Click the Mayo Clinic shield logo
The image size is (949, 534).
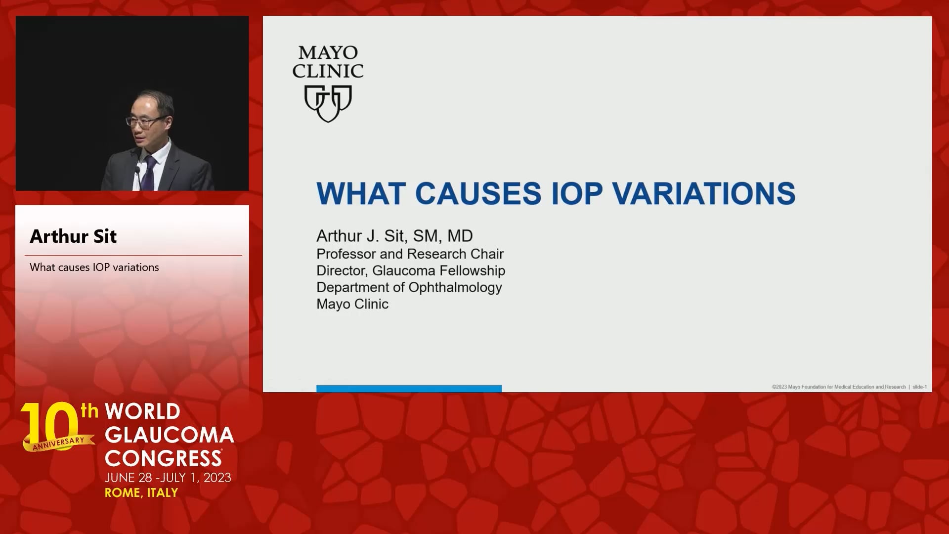(328, 103)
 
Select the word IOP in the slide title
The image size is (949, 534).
(577, 193)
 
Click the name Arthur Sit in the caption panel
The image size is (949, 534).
(73, 236)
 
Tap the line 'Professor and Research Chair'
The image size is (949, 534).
(410, 254)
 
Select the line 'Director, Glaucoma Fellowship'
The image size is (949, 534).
(411, 271)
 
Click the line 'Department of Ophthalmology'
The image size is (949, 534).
(409, 288)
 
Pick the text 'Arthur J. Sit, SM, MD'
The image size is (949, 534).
(394, 236)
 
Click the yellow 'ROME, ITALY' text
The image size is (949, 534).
(141, 493)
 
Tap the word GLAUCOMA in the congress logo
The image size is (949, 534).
(170, 435)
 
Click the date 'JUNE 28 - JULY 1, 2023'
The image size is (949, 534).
(168, 478)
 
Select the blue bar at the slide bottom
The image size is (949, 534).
(409, 389)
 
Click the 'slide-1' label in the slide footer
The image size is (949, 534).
(919, 387)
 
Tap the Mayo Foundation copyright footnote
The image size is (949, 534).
(839, 387)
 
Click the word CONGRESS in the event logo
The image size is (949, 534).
(163, 458)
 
